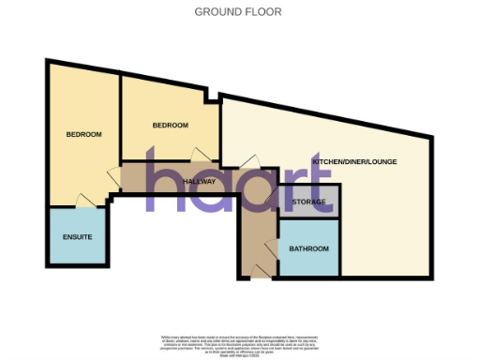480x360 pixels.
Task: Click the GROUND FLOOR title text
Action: coord(238,12)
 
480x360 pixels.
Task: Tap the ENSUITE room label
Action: coord(78,236)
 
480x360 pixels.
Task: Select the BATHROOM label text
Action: coord(308,248)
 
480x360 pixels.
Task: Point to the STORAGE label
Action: coord(307,202)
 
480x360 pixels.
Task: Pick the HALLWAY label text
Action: coord(200,181)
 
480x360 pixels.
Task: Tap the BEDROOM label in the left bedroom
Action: coord(83,134)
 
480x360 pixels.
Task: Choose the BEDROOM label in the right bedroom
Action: coord(171,126)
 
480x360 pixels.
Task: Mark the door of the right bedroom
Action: coord(198,155)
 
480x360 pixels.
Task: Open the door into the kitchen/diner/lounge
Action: coord(247,161)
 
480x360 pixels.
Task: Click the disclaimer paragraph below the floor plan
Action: coord(238,341)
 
